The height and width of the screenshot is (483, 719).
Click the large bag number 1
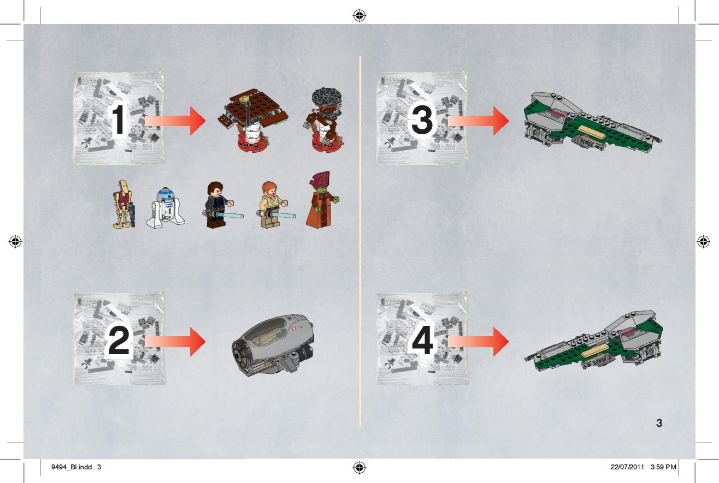119,120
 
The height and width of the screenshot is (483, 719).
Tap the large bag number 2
119,340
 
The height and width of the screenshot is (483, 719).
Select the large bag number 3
422,120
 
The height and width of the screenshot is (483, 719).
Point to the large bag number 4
422,340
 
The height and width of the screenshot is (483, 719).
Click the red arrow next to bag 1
175,121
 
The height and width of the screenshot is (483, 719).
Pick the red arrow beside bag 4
478,342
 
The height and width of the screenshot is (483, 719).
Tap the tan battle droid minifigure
124,204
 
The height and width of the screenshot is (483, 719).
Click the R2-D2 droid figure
166,208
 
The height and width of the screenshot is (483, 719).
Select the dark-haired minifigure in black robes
222,205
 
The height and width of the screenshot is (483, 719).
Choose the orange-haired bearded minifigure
275,205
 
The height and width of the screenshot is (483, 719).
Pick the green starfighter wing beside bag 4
593,342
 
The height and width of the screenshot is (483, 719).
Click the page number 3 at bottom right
659,423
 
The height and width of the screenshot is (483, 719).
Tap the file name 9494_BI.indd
72,467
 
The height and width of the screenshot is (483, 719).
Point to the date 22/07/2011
627,467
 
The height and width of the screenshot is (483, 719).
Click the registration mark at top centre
360,15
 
